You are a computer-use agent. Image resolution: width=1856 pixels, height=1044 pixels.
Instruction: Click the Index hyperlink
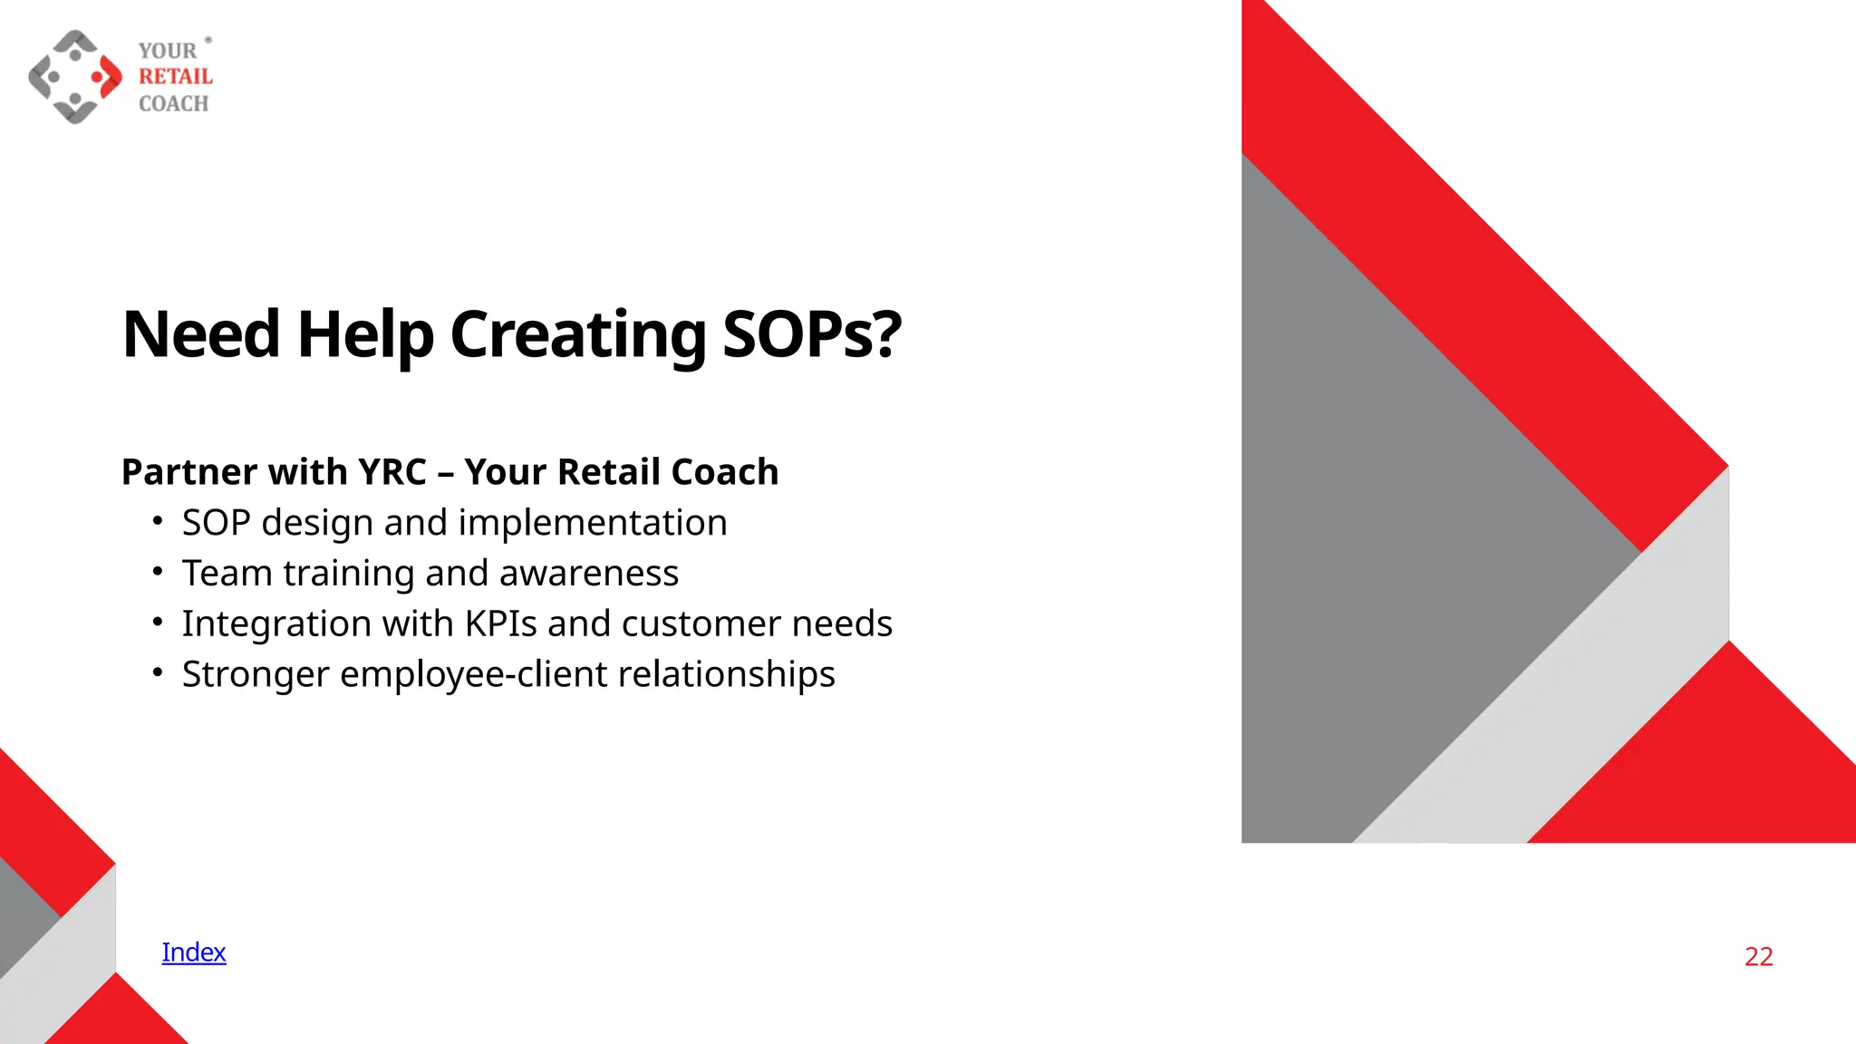(193, 952)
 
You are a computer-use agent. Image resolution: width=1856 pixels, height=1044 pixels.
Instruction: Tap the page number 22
(1758, 957)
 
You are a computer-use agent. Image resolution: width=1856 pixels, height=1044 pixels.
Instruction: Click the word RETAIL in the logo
(175, 77)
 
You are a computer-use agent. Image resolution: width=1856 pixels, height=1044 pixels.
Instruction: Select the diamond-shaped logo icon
(75, 77)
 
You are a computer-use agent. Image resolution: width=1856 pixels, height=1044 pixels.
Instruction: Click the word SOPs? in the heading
(811, 334)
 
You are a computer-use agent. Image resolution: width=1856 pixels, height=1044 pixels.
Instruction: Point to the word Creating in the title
(577, 334)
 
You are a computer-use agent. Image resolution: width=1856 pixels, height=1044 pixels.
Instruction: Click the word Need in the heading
(200, 334)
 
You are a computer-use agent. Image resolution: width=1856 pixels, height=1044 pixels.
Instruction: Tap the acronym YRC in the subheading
(391, 472)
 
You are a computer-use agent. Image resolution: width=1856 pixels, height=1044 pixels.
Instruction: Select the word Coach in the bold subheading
(724, 472)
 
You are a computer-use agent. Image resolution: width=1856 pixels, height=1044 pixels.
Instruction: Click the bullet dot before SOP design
(158, 521)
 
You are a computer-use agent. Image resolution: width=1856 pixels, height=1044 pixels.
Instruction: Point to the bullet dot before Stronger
(158, 672)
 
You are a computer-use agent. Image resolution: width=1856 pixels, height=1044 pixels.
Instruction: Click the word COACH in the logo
(173, 104)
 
